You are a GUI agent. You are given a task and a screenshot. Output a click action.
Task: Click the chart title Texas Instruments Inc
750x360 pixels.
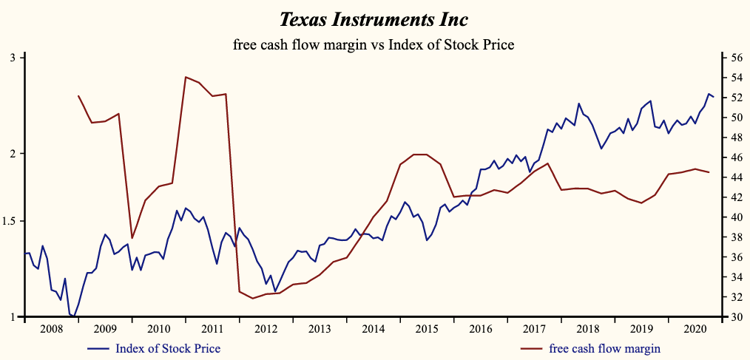[374, 18]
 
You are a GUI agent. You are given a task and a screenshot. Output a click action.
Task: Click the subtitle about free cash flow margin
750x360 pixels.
[374, 44]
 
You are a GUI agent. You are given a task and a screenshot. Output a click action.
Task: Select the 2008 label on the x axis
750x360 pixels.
[51, 329]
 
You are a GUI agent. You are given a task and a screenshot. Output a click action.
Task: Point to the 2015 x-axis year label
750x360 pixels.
[425, 329]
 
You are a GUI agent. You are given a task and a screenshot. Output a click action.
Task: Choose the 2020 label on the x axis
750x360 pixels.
[694, 329]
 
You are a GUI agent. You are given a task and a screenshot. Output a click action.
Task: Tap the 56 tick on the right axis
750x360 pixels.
[737, 58]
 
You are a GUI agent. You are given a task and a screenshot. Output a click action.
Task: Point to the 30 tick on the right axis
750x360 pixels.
[737, 317]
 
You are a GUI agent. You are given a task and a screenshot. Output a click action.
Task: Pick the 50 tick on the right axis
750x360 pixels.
[737, 118]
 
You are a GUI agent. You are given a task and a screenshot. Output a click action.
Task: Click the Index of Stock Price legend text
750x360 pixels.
[168, 347]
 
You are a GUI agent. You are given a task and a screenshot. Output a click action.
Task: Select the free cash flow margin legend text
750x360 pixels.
[605, 347]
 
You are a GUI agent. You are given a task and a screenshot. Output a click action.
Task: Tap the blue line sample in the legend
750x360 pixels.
[99, 347]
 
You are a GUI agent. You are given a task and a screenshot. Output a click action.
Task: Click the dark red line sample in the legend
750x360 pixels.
[532, 347]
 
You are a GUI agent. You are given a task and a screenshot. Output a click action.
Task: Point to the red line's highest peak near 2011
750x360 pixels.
[185, 76]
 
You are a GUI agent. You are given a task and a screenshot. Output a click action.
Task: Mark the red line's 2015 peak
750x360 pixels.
[419, 154]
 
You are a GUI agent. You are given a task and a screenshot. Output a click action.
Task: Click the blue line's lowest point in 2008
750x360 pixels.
[74, 316]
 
